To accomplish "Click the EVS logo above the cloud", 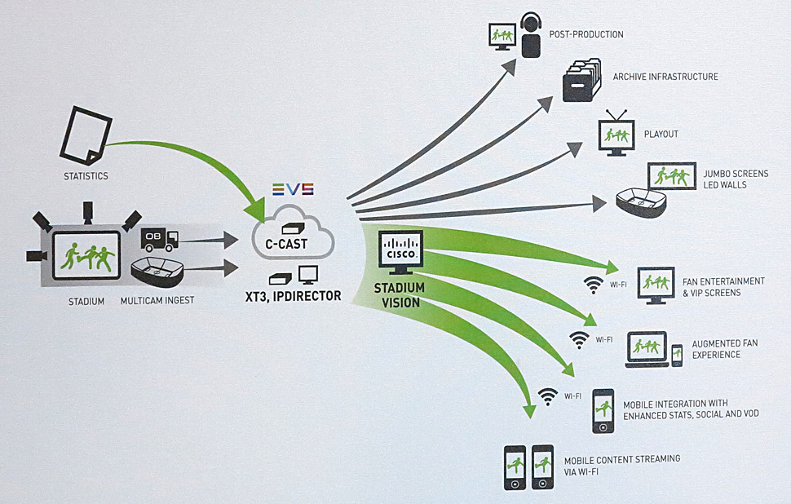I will (x=293, y=189).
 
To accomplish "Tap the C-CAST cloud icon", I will (x=293, y=232).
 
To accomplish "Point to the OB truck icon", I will (x=158, y=239).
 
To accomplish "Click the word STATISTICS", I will (x=86, y=175).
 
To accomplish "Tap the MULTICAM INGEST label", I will (x=157, y=301).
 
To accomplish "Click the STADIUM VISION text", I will (x=400, y=295).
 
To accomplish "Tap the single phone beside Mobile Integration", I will (x=603, y=410).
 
